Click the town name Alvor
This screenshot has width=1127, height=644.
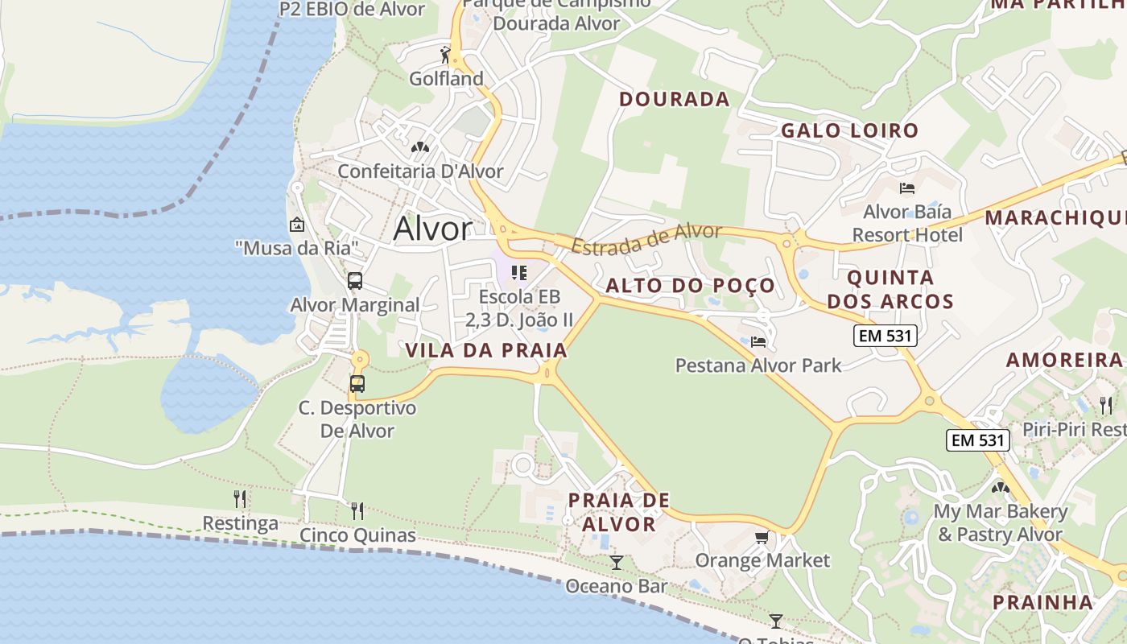point(432,229)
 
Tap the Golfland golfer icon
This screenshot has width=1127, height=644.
point(445,55)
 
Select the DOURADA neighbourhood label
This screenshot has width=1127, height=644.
point(674,99)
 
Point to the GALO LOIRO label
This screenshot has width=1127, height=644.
point(849,130)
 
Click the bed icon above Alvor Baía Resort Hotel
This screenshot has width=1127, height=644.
point(907,188)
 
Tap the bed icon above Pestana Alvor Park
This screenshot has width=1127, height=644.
point(758,342)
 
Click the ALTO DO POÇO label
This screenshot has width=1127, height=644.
point(690,286)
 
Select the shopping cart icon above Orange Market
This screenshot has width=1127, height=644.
point(762,537)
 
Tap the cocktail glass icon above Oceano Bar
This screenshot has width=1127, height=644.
point(617,562)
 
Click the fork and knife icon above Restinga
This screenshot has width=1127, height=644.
point(240,499)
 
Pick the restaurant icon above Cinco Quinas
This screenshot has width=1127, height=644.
point(357,510)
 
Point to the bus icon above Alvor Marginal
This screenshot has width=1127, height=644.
point(355,281)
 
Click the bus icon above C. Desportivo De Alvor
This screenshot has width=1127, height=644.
point(357,383)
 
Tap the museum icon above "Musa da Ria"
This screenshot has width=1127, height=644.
point(297,225)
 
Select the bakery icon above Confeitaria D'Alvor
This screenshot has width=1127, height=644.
point(419,147)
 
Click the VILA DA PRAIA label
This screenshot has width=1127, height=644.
point(486,351)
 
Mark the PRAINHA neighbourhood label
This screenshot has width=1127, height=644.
point(1042,602)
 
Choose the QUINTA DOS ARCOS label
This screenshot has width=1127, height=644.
point(890,290)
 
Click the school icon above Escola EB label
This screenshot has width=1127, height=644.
point(519,273)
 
